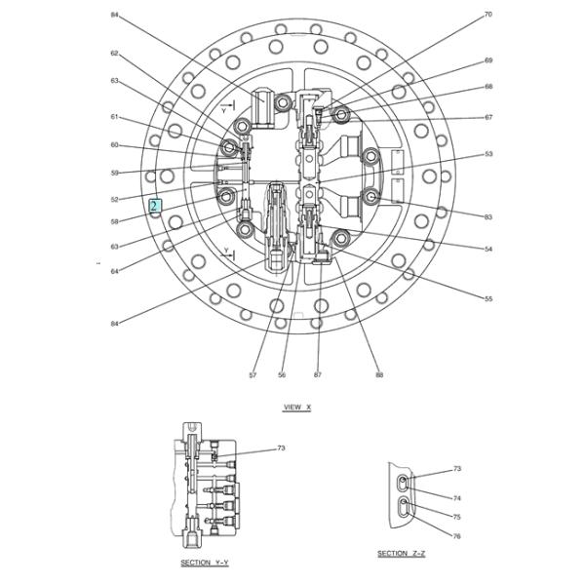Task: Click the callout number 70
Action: [x=488, y=15]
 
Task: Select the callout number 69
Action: [x=488, y=60]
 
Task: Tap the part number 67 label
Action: [x=488, y=117]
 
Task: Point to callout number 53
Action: [x=488, y=154]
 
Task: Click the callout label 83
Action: [x=488, y=215]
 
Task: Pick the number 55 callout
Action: [x=488, y=298]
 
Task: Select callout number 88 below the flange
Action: [x=379, y=374]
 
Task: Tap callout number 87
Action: [x=318, y=374]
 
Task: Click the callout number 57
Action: [x=253, y=374]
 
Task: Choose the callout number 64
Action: [x=114, y=271]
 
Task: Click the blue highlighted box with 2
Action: [x=154, y=206]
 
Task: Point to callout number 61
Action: [x=114, y=117]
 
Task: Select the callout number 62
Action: [x=114, y=54]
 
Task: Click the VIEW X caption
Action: [x=296, y=407]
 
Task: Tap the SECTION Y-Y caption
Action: [x=205, y=563]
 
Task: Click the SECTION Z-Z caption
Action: [x=402, y=553]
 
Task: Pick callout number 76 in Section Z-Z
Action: [x=457, y=536]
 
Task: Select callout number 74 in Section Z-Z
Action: [x=457, y=497]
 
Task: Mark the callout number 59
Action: [x=114, y=173]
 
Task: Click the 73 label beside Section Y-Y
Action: [x=281, y=448]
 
